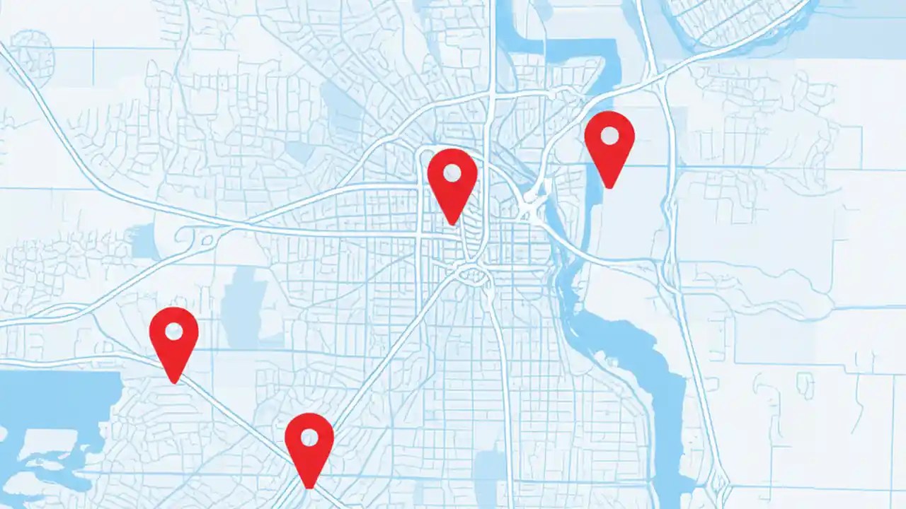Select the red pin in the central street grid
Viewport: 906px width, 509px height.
point(452,180)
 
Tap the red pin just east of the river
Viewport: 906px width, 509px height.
point(609,141)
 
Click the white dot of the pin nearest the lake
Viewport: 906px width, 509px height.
point(173,330)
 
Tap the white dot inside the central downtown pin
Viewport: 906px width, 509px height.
point(452,172)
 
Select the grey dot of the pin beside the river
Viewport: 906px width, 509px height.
point(609,134)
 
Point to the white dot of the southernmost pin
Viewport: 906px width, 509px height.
point(309,437)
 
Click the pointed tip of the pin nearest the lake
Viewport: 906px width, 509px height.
point(174,382)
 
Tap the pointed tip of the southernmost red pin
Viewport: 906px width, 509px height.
point(309,488)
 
